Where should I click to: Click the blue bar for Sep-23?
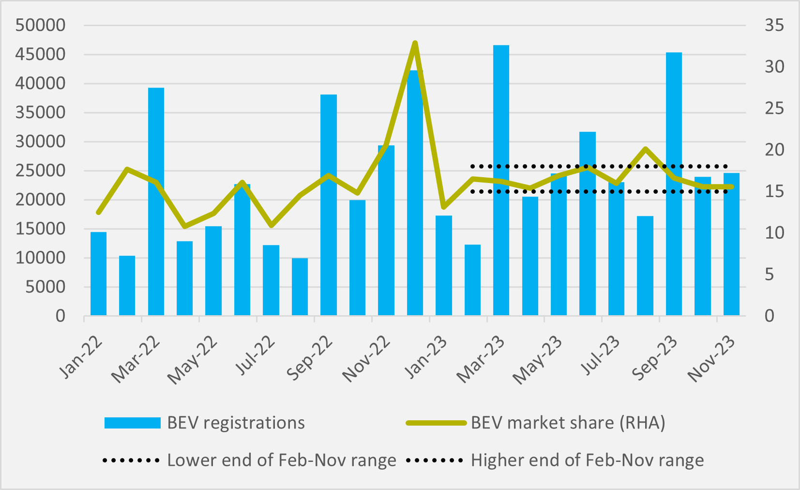click(x=674, y=184)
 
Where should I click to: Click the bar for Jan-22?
click(x=98, y=274)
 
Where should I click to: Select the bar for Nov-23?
click(x=731, y=245)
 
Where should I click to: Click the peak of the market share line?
click(x=415, y=43)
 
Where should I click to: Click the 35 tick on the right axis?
click(x=774, y=25)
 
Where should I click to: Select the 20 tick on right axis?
click(x=774, y=150)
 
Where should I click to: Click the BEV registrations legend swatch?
click(x=132, y=423)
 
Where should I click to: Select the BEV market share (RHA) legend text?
click(x=568, y=423)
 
